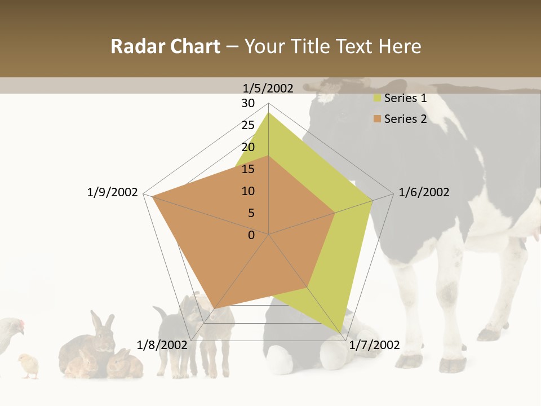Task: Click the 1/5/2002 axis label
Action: click(x=268, y=88)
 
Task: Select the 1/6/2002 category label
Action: click(x=424, y=192)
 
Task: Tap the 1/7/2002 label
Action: click(x=374, y=345)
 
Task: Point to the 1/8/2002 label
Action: click(x=162, y=345)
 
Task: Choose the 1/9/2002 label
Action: click(x=113, y=192)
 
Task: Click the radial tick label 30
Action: click(x=248, y=103)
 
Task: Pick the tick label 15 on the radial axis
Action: click(x=248, y=169)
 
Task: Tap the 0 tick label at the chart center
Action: click(x=251, y=235)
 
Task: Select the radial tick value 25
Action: click(x=248, y=125)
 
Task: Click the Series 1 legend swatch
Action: click(x=377, y=99)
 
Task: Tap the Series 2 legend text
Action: click(x=405, y=119)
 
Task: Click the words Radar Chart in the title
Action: click(x=165, y=47)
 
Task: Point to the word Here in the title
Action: click(x=400, y=47)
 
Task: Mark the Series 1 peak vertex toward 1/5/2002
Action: click(x=268, y=113)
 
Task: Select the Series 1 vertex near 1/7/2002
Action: click(x=342, y=333)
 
